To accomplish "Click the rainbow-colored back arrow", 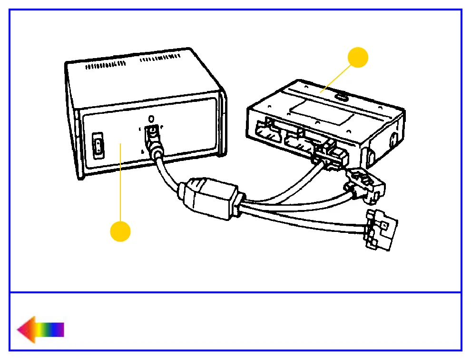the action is coord(40,329).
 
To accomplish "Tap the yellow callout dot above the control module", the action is coord(358,58).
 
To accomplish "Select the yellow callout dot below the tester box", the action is coord(120,231).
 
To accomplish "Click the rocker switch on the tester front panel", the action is coord(98,147).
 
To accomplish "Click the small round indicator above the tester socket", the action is coord(151,118).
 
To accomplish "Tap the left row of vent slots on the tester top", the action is coord(105,65).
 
